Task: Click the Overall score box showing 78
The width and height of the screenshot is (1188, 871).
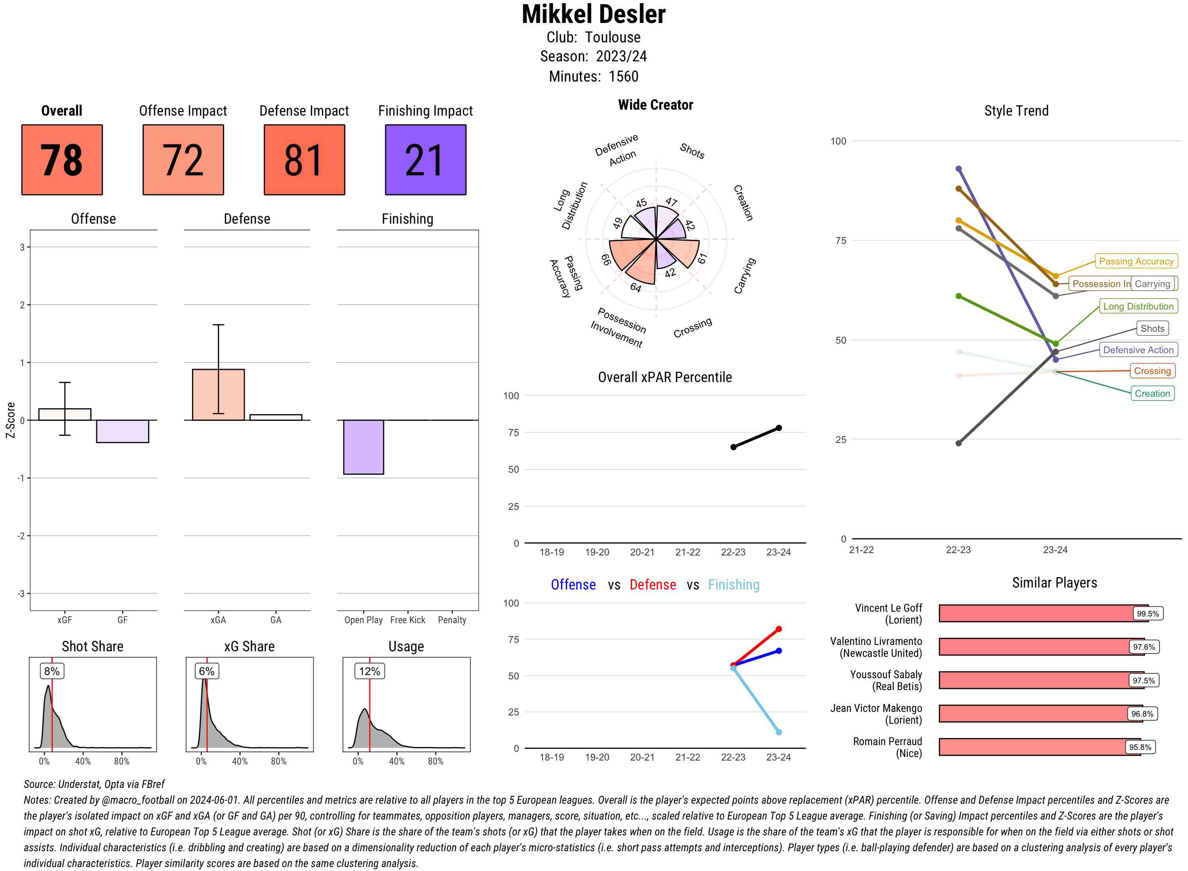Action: coord(62,160)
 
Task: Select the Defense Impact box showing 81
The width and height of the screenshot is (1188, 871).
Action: coord(304,160)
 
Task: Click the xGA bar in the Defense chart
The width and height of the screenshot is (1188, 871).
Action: coord(218,394)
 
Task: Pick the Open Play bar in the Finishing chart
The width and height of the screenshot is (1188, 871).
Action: coord(363,447)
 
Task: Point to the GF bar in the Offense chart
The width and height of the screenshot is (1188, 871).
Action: coord(122,431)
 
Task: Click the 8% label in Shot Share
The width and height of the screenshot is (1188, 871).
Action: coord(51,671)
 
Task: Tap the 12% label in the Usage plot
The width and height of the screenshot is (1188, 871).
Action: coord(369,671)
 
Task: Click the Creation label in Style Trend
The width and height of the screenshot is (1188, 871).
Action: coord(1152,393)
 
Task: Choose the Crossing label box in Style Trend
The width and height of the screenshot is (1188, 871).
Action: coord(1152,371)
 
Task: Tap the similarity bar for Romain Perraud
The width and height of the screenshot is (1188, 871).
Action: coord(1034,747)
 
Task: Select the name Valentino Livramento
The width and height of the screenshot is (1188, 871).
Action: coord(876,641)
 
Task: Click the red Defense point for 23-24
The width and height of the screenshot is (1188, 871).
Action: coord(779,629)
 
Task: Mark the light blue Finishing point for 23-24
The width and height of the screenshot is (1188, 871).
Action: coord(779,732)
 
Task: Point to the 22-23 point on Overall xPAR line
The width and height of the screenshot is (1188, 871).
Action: coord(733,447)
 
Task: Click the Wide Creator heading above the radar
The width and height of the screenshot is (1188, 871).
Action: coord(655,105)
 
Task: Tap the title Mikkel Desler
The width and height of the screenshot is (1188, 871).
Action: coord(594,15)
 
